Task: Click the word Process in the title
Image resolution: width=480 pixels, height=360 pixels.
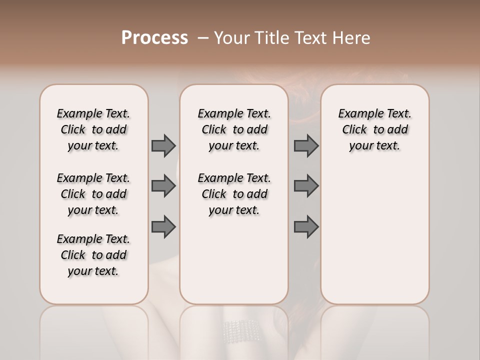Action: (154, 38)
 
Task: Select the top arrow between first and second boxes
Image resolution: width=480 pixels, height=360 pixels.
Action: (163, 145)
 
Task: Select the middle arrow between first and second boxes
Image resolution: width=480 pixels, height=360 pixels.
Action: (163, 186)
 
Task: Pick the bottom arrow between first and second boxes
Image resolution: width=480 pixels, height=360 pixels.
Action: (163, 226)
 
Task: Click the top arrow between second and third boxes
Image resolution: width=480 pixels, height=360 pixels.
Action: (306, 145)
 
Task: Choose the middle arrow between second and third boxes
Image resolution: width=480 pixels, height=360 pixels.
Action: (306, 186)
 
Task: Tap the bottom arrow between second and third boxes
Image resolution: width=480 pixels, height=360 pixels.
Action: (306, 226)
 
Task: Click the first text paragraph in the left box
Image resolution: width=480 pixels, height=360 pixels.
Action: (93, 129)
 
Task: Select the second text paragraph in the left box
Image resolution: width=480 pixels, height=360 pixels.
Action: (93, 194)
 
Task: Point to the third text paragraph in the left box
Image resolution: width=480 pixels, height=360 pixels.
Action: (93, 255)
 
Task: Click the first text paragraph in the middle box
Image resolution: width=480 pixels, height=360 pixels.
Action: (234, 129)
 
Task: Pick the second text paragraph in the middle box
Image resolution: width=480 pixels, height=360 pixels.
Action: (234, 194)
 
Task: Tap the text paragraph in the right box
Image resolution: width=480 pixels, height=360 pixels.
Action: (374, 129)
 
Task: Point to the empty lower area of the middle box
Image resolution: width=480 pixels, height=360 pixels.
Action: (234, 260)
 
